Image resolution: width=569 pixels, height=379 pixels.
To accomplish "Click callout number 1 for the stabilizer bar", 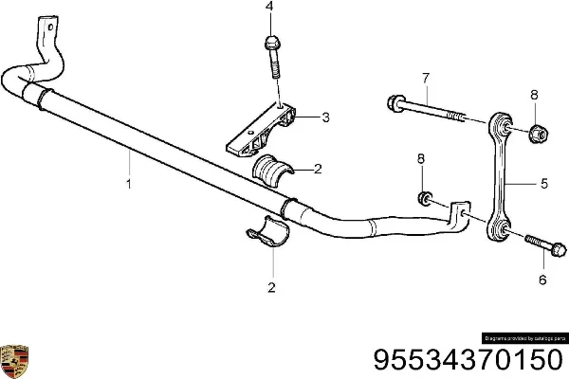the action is [130, 187].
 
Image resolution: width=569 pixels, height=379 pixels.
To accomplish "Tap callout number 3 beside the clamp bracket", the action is [325, 118].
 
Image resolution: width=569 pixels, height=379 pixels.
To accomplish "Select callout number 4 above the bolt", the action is [269, 7].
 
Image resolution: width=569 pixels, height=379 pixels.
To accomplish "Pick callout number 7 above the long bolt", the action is [425, 77].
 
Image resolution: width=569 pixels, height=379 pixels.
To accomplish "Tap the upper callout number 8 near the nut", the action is [534, 94].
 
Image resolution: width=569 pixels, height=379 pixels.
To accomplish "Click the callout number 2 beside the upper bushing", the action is [318, 170].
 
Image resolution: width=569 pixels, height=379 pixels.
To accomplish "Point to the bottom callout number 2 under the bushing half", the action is [272, 288].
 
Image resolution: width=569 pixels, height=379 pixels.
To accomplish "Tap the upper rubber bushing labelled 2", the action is [272, 171].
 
